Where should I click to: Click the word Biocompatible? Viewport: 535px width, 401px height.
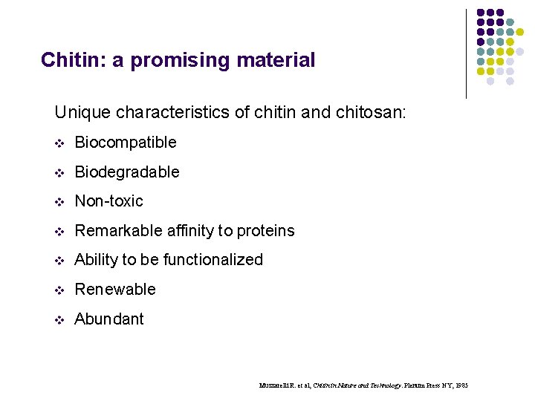[x=126, y=142]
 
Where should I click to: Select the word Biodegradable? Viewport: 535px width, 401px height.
[x=127, y=172]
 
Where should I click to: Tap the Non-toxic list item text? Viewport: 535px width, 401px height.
[x=109, y=200]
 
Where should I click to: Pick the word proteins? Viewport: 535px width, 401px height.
[x=266, y=231]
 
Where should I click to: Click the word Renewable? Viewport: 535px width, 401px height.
[x=115, y=289]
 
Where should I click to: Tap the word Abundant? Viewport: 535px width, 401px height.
[x=109, y=319]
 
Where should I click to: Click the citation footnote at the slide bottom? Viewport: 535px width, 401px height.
[x=363, y=385]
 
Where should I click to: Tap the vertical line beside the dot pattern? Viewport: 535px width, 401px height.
[x=466, y=53]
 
